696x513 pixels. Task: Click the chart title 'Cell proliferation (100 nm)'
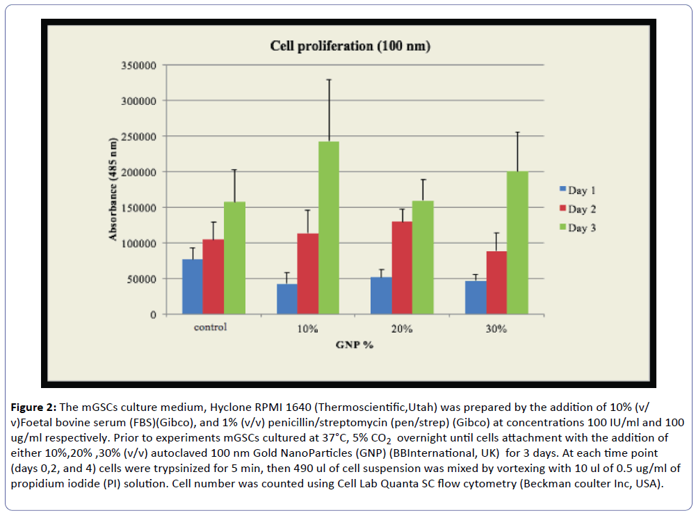350,47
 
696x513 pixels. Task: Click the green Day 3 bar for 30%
518,243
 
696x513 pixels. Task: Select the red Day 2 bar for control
213,277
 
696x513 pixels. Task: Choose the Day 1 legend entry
577,190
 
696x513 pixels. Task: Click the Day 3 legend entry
577,228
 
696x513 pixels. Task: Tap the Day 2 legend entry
577,209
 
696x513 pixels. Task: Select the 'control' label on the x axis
211,326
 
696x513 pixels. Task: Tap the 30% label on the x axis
496,328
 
